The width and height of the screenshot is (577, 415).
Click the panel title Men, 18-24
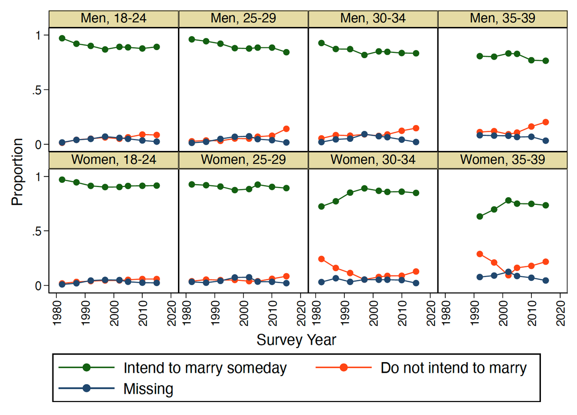coord(113,19)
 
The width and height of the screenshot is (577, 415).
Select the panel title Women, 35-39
coord(503,160)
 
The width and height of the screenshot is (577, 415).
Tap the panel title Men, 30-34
coord(373,19)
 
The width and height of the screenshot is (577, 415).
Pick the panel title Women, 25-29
coord(243,160)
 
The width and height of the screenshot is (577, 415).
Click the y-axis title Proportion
coord(17,172)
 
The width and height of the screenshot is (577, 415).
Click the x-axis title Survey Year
coord(296,340)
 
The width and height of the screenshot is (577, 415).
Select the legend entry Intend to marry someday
coord(205,368)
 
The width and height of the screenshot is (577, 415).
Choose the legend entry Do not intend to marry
coord(453,368)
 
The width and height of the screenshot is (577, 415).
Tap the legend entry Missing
coord(148,389)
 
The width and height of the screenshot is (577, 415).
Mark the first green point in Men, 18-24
coord(62,38)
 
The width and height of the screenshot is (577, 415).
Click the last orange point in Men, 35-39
coord(546,122)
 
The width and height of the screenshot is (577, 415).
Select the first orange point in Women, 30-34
coord(321,259)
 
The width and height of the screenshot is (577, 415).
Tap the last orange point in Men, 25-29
coord(286,129)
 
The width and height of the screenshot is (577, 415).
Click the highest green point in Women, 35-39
coord(508,200)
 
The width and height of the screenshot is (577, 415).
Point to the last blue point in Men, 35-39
coord(546,141)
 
